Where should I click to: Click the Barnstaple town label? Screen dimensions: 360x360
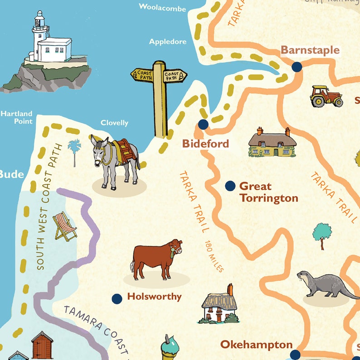pos(310,50)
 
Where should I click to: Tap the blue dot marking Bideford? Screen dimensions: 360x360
pos(203,125)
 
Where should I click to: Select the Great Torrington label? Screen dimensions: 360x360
pos(268,192)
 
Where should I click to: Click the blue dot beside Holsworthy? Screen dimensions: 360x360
pos(117,298)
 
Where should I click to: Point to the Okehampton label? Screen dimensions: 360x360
pos(256,345)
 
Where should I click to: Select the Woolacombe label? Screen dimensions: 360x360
pos(162,7)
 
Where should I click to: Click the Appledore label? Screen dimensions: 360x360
pos(168,42)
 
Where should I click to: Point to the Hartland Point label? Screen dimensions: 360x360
pos(16,117)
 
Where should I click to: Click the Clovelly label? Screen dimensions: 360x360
pos(114,123)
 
